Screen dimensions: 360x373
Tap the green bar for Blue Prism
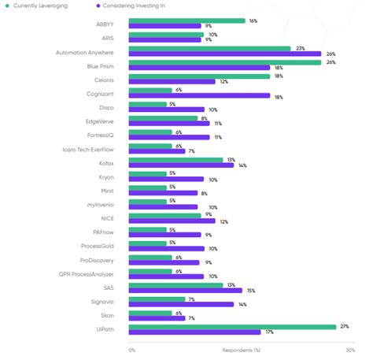[x=224, y=61]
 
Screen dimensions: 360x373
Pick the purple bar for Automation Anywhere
[x=224, y=54]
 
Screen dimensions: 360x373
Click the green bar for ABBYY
[x=186, y=20]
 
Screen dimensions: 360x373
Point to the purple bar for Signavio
[x=181, y=303]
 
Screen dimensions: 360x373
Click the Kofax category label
[x=106, y=161]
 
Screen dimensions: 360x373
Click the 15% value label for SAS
[x=249, y=290]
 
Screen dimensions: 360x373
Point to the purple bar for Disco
[x=167, y=109]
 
